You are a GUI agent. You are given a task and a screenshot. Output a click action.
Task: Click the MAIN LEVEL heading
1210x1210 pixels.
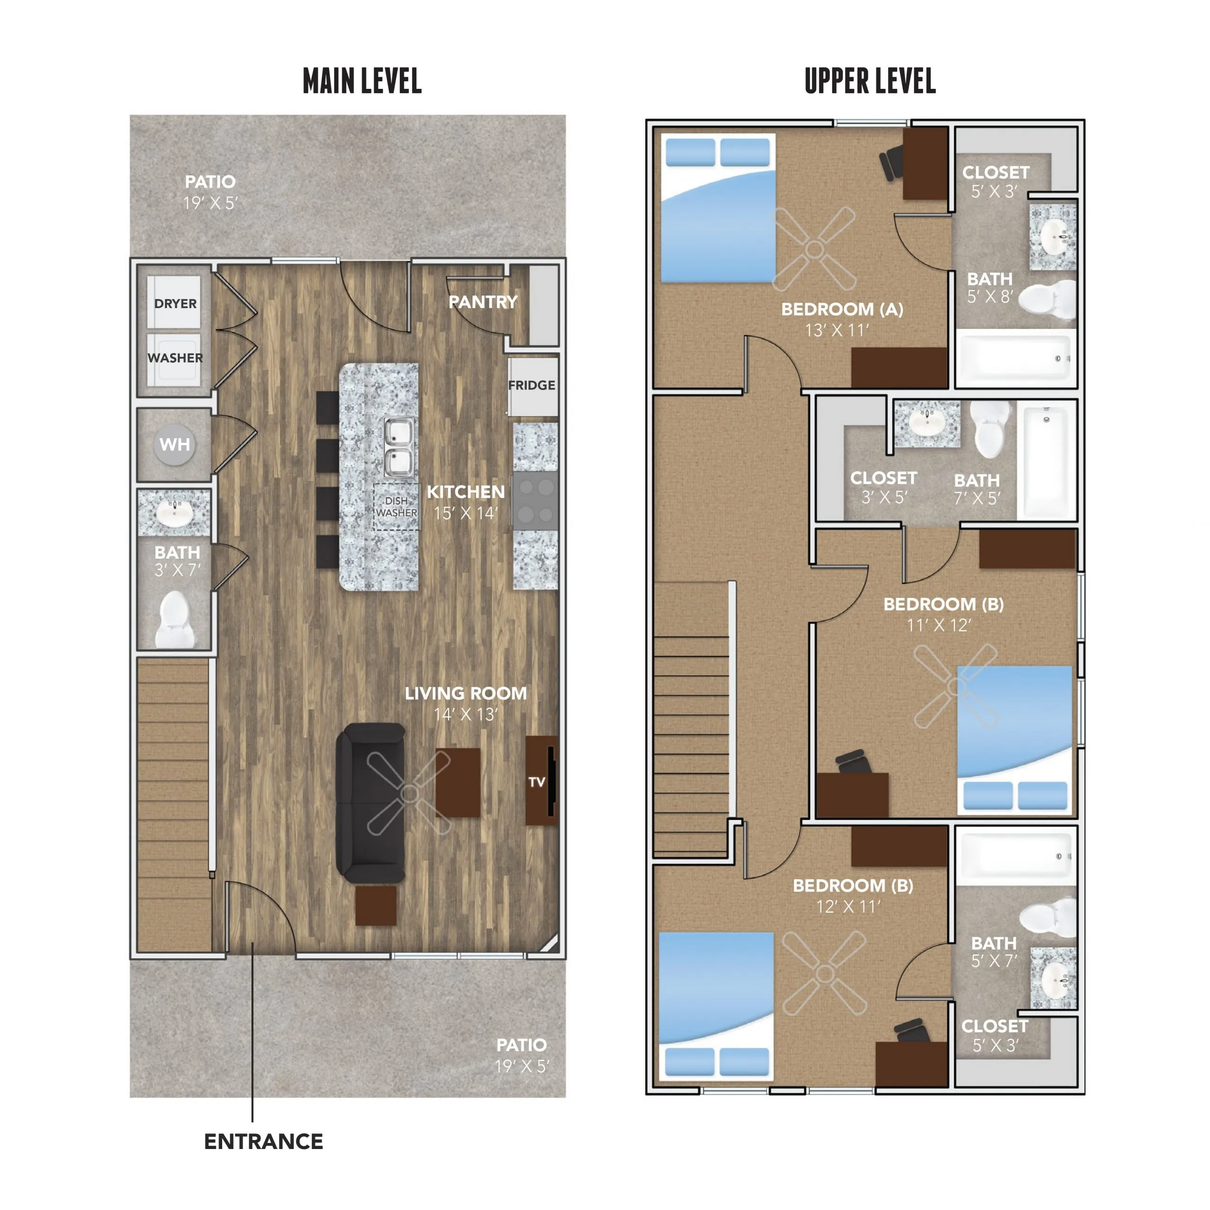click(x=362, y=81)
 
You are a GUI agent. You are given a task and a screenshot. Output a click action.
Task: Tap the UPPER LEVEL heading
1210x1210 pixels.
click(x=870, y=81)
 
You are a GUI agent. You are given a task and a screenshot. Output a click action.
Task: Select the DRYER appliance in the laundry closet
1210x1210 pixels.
click(x=174, y=302)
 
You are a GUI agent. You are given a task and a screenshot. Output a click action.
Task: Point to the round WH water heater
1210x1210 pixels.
click(x=174, y=445)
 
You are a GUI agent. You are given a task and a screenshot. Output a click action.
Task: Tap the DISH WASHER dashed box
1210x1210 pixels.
click(x=397, y=507)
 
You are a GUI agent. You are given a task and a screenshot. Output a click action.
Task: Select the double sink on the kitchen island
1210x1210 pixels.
click(x=399, y=447)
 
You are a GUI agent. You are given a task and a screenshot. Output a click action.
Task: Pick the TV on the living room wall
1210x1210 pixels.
click(x=541, y=781)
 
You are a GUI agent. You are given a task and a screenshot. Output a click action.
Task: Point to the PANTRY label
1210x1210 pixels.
click(x=483, y=302)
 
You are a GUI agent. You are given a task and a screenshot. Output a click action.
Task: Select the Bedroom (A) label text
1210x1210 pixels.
click(x=842, y=310)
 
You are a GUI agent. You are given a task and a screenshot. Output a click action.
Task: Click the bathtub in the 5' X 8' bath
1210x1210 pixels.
click(x=1015, y=357)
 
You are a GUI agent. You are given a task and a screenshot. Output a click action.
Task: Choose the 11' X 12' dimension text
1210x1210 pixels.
click(x=939, y=625)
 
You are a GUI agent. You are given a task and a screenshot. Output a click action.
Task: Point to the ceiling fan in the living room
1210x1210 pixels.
click(x=409, y=794)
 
